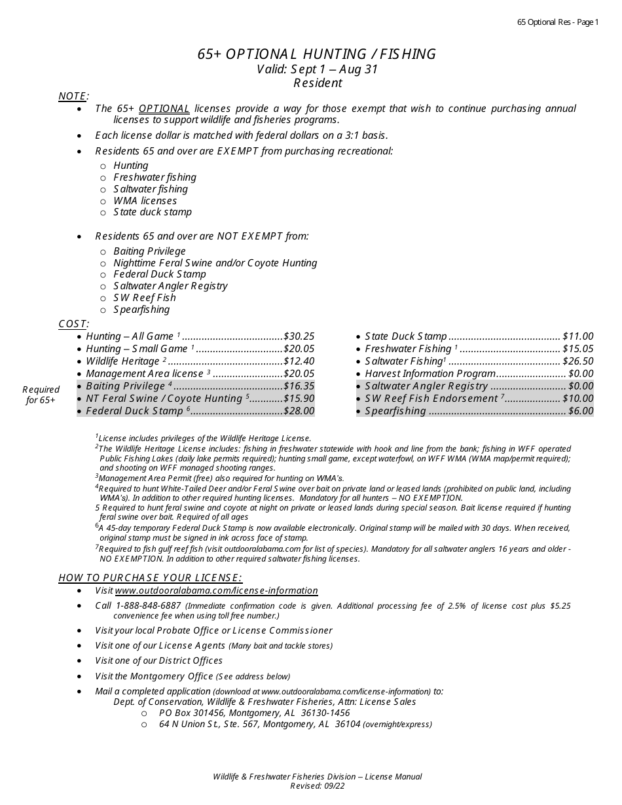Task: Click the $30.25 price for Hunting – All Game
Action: pyautogui.click(x=299, y=336)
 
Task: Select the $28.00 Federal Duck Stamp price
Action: pyautogui.click(x=299, y=411)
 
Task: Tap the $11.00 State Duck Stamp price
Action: pyautogui.click(x=578, y=336)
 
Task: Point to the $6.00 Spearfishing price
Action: pyautogui.click(x=581, y=411)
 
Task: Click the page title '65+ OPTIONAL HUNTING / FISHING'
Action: pyautogui.click(x=317, y=54)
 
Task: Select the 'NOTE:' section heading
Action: pyautogui.click(x=73, y=96)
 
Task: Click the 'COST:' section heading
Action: pyautogui.click(x=73, y=324)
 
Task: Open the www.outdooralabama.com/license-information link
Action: pyautogui.click(x=216, y=590)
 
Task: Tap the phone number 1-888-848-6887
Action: pyautogui.click(x=148, y=605)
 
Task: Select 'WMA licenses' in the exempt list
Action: pyautogui.click(x=145, y=201)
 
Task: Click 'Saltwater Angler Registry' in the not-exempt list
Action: pyautogui.click(x=170, y=286)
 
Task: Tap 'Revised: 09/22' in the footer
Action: pyautogui.click(x=317, y=786)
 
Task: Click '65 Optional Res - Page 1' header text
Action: pyautogui.click(x=558, y=22)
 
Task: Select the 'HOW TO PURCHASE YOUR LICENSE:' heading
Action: pyautogui.click(x=150, y=577)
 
